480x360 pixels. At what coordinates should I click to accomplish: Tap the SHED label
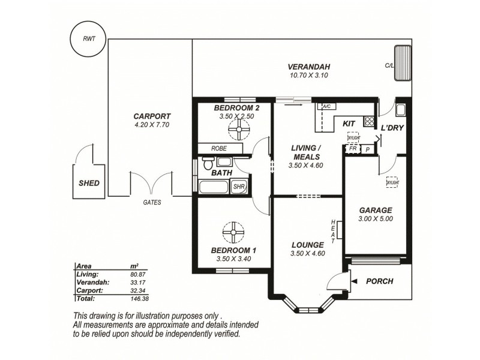(89, 183)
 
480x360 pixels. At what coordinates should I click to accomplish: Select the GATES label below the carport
(152, 203)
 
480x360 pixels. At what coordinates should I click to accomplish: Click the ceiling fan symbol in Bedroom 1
(232, 232)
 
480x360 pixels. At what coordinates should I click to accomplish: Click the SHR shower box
(239, 187)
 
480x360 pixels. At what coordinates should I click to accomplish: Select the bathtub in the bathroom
(213, 187)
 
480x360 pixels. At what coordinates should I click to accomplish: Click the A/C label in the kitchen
(326, 107)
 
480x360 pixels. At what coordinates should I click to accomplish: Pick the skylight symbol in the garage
(392, 182)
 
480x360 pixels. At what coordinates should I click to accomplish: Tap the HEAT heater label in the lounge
(334, 231)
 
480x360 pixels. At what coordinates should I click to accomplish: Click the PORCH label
(379, 280)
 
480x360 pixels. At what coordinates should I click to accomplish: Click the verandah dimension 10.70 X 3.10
(309, 76)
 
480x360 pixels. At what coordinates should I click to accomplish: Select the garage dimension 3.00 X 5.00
(376, 220)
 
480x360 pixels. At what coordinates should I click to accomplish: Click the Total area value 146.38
(139, 298)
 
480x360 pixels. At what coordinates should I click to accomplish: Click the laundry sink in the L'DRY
(401, 110)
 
